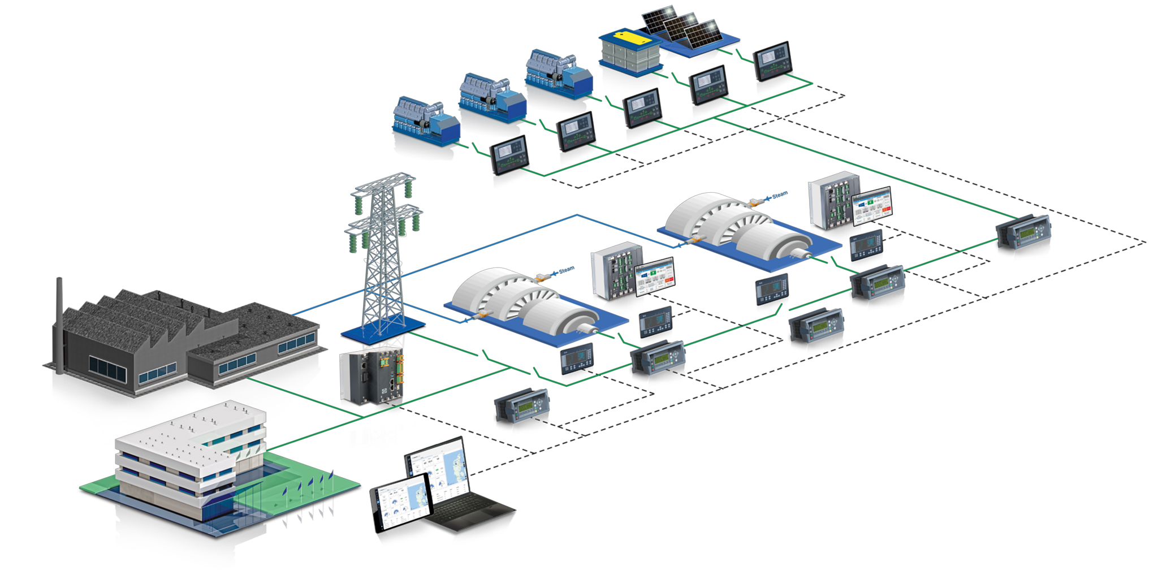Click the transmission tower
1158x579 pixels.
click(383, 254)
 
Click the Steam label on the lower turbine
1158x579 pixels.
click(566, 270)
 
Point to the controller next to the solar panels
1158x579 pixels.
click(772, 61)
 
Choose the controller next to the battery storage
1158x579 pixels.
click(708, 85)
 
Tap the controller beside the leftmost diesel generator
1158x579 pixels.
click(509, 154)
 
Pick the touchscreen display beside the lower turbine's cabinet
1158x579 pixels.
click(655, 276)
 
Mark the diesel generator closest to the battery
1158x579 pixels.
click(558, 74)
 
